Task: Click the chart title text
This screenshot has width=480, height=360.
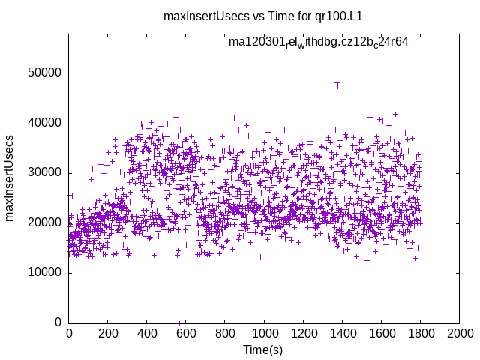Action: [262, 15]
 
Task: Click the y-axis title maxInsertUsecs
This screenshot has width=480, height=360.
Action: [10, 178]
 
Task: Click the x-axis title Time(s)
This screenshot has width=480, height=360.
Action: [263, 349]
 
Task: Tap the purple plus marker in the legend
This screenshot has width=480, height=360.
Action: [430, 43]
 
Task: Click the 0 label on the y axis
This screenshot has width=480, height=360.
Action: [58, 322]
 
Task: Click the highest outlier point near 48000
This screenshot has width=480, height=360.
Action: [337, 82]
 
